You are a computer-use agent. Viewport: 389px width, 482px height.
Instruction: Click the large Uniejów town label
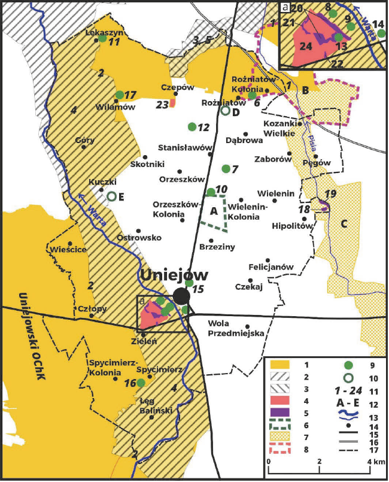pos(174,275)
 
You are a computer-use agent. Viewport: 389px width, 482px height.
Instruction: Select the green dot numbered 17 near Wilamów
pos(120,95)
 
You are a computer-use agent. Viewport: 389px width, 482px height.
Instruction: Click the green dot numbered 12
pos(192,126)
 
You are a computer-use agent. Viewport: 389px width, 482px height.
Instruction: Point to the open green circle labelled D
pos(225,110)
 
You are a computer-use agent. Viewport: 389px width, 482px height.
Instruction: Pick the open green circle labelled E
pos(111,196)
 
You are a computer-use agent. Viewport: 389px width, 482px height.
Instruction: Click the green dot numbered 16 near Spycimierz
pos(141,383)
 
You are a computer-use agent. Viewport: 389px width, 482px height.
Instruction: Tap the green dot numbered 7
pos(226,169)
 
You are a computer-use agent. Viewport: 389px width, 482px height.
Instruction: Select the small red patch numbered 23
pos(172,103)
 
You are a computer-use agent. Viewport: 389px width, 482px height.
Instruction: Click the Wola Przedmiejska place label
pos(236,329)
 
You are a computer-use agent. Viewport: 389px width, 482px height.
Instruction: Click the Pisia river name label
pos(312,142)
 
